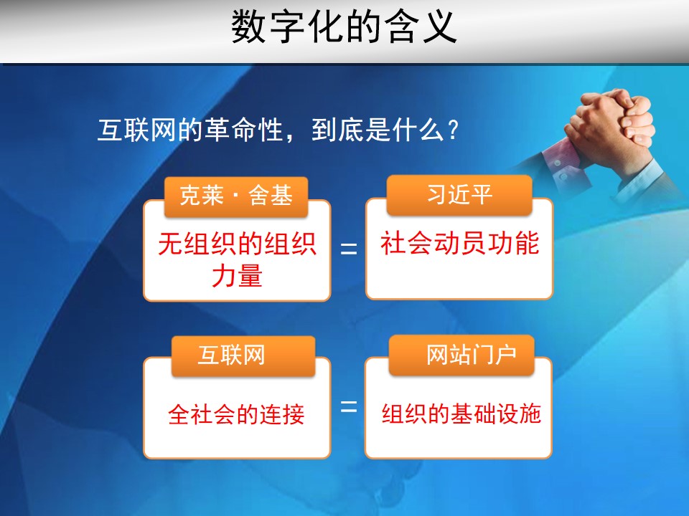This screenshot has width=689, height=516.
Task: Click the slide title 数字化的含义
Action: [x=344, y=27]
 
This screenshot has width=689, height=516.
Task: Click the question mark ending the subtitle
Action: [x=453, y=130]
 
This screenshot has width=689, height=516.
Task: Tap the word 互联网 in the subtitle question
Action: [x=136, y=130]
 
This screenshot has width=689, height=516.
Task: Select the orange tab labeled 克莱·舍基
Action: [x=236, y=196]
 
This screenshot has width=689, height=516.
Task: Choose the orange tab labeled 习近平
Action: [x=459, y=194]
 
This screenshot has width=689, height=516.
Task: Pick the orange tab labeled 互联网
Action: [x=243, y=356]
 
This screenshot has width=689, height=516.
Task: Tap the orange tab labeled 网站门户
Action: [x=461, y=355]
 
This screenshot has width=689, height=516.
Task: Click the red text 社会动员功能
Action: [x=459, y=243]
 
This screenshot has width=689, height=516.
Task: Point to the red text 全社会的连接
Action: [x=236, y=414]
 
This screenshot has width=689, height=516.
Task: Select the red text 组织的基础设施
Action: [x=461, y=414]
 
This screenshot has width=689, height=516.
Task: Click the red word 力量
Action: [x=238, y=275]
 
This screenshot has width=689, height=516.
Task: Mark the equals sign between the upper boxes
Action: [x=349, y=249]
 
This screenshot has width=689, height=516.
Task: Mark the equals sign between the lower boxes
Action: [x=349, y=406]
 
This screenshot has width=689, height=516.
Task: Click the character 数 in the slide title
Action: [x=248, y=27]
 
